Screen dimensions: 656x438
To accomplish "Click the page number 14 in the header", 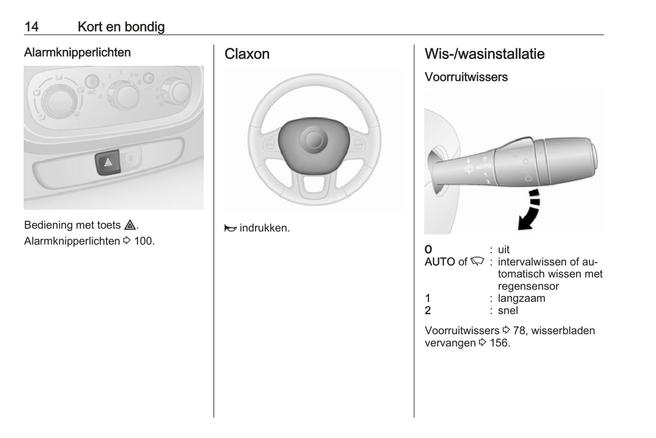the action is point(32,27).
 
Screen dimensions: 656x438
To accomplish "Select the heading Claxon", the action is point(247,54).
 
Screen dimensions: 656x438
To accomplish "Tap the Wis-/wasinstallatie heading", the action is point(484,54).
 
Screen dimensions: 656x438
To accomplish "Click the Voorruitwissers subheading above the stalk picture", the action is point(466,77).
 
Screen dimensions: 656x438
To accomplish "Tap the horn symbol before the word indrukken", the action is point(231,228).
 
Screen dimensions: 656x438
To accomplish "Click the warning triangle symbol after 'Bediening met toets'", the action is point(130,225).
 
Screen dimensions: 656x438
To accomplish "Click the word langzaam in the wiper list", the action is point(521,298).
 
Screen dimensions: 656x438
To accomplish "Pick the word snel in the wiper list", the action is point(508,310).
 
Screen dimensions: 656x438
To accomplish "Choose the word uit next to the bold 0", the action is point(504,250).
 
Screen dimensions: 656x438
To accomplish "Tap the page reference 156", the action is point(499,343).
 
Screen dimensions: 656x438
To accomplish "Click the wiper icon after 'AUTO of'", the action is point(477,261).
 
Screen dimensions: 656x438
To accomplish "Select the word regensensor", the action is point(528,286).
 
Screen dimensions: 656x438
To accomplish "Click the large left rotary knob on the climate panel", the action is point(59,102).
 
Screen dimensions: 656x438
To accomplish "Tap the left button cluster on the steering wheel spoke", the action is point(270,144).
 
